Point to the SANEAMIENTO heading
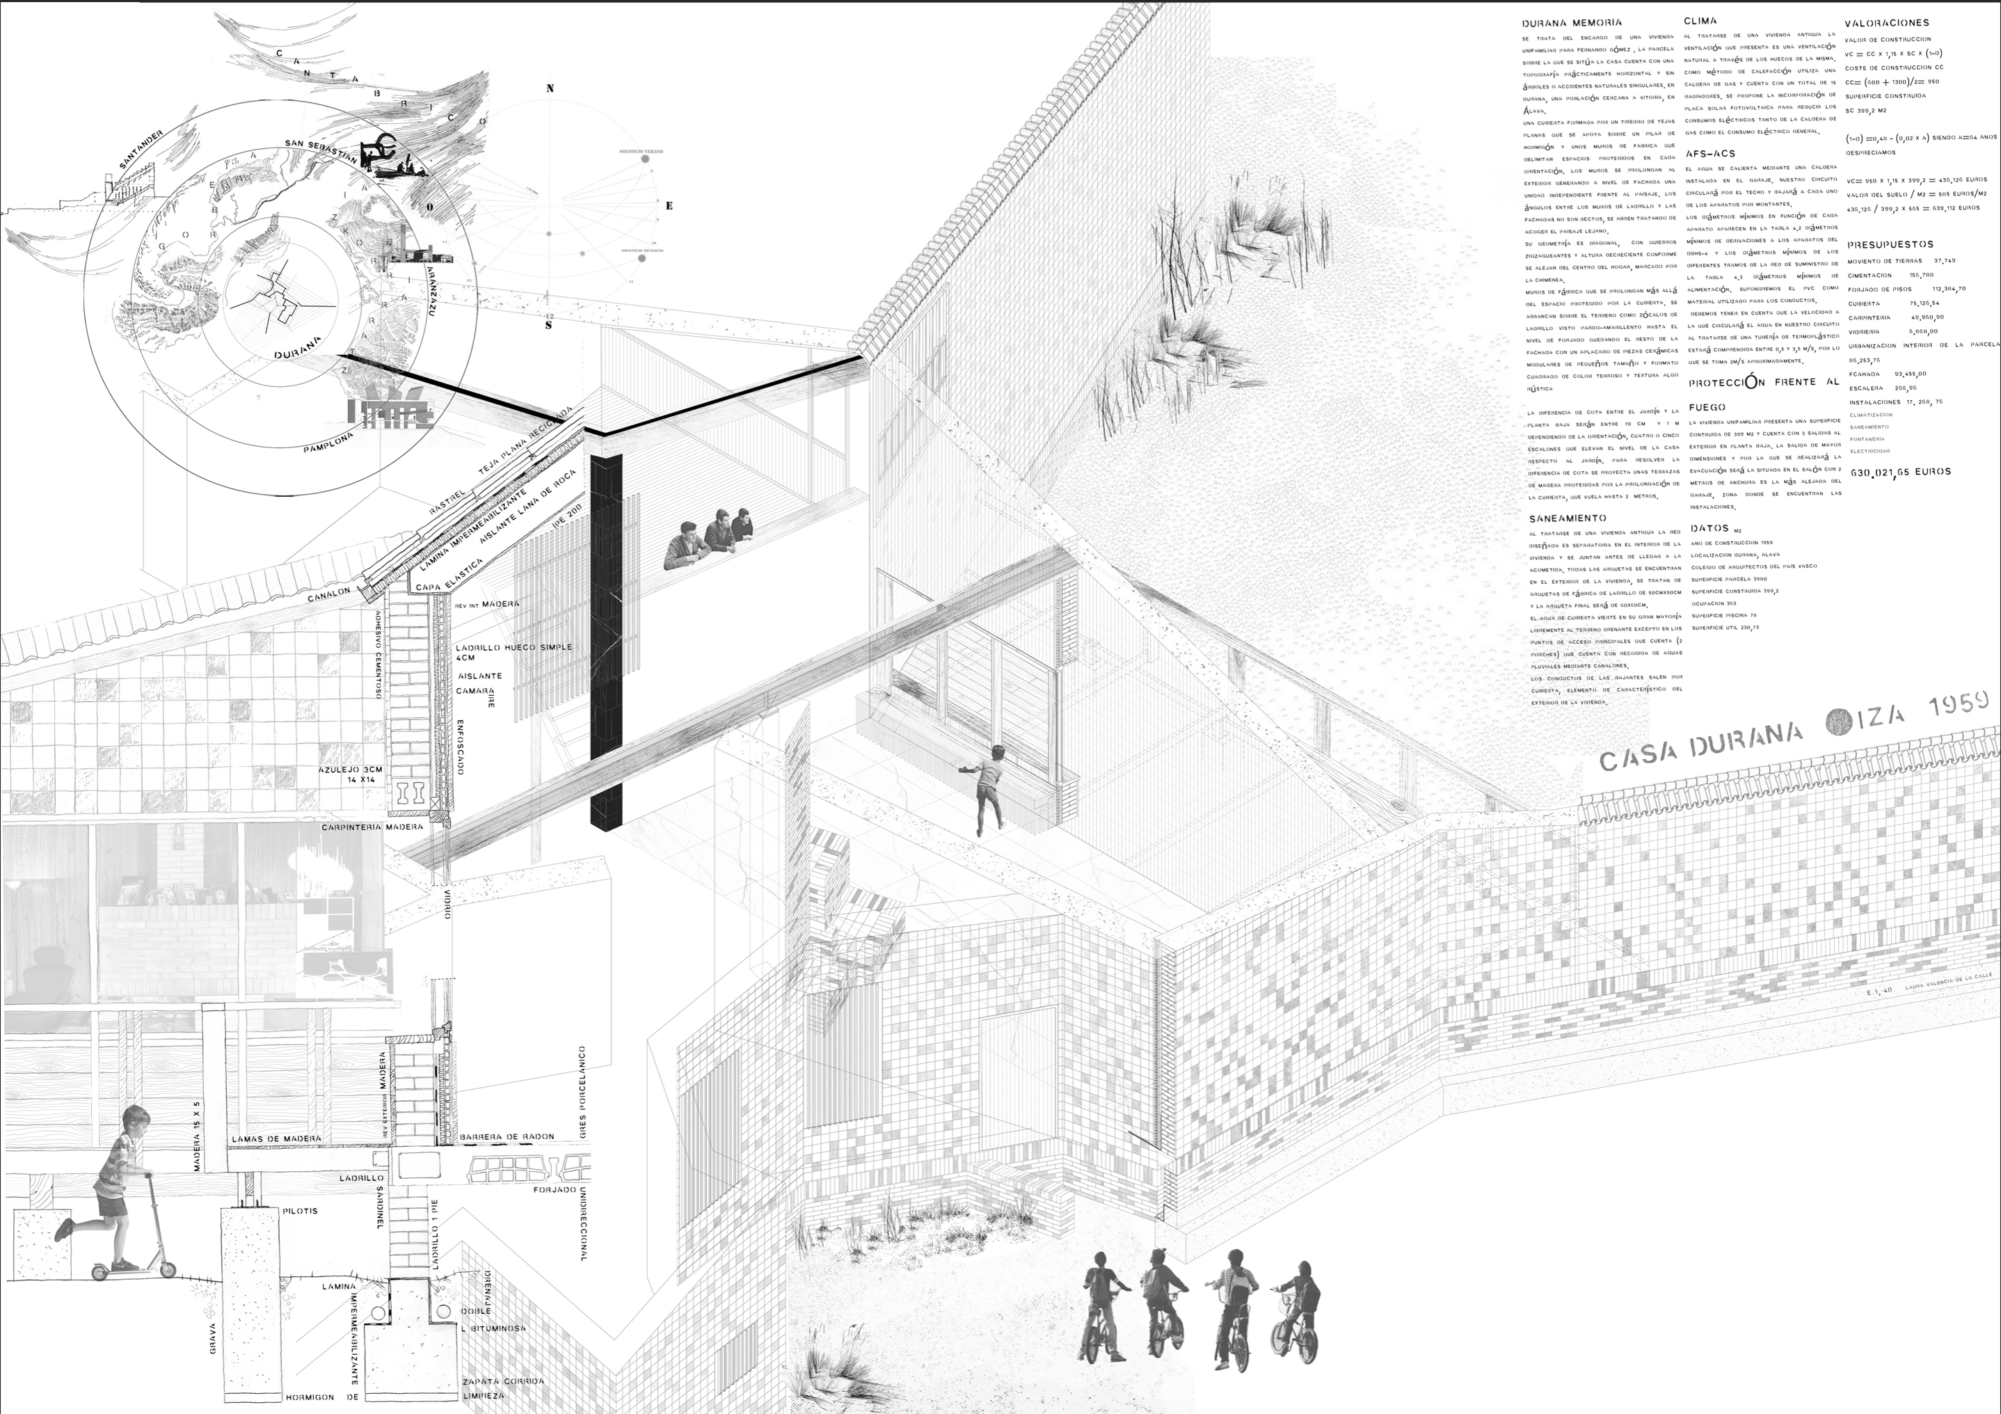(x=1565, y=518)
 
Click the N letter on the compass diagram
(x=550, y=88)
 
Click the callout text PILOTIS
(x=301, y=1211)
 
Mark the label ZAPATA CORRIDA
(x=504, y=1381)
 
